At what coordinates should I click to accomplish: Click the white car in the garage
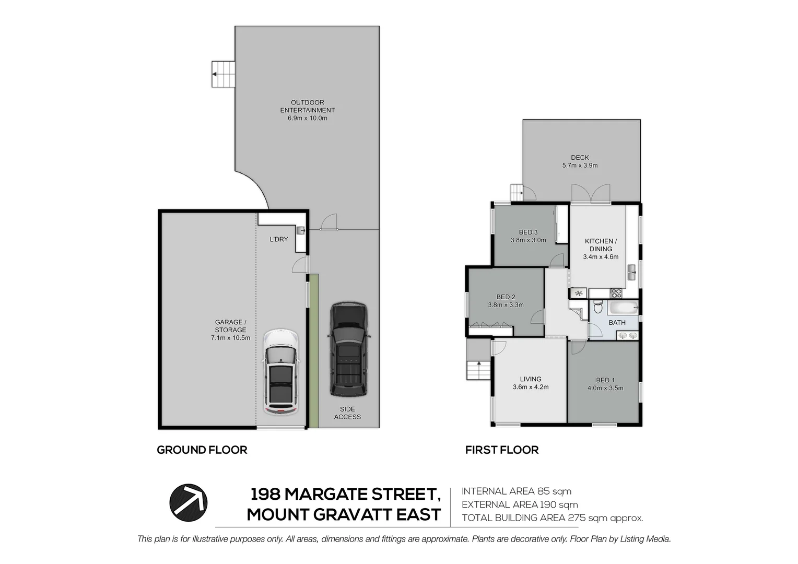click(281, 372)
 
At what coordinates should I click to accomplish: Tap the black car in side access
click(349, 349)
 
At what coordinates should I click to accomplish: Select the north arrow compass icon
click(188, 503)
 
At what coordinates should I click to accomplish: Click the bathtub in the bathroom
click(623, 308)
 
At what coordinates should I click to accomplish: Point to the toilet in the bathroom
click(598, 307)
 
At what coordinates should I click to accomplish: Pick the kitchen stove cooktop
click(616, 293)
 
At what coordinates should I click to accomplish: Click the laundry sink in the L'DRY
click(301, 230)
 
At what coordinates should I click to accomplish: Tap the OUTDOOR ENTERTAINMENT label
click(308, 110)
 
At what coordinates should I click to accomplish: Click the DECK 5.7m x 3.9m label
click(580, 161)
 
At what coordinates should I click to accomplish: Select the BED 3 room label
click(529, 236)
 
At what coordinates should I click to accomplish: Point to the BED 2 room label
click(506, 301)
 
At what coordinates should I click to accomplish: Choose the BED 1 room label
click(605, 384)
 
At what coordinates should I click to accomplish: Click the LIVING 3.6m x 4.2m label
click(531, 383)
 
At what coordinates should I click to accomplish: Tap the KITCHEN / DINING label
click(601, 249)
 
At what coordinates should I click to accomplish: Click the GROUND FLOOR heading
click(202, 450)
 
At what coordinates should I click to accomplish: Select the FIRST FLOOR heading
click(502, 450)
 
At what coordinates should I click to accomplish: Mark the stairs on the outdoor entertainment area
click(224, 74)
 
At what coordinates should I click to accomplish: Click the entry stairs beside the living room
click(478, 370)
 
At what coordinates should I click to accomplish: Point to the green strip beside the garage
click(313, 350)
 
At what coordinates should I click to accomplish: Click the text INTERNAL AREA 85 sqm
click(517, 491)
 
